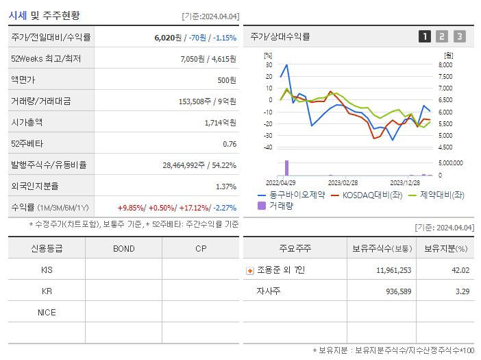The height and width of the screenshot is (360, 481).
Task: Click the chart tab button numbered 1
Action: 425,36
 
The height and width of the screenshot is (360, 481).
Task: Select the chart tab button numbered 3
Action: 459,36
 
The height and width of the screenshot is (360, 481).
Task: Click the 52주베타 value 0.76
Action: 230,144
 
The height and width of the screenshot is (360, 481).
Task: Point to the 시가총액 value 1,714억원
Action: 220,123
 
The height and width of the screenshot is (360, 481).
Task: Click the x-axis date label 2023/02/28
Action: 343,183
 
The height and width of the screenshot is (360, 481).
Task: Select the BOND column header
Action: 123,248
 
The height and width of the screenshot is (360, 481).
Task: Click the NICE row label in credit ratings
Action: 47,312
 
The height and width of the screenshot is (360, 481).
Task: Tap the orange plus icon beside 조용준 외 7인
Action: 249,270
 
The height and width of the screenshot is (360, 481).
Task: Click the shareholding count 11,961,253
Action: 393,270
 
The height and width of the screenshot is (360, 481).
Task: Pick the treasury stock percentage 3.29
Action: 463,291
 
